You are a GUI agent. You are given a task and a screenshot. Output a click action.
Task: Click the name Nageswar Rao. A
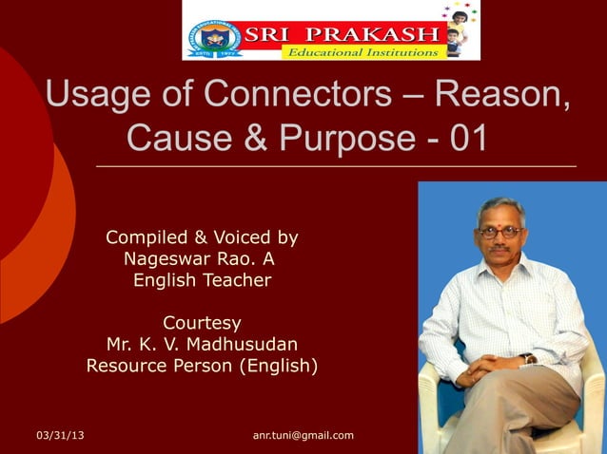click(202, 258)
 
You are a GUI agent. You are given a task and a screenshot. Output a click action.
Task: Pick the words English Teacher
click(202, 280)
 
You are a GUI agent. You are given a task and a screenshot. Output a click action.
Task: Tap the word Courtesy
click(202, 322)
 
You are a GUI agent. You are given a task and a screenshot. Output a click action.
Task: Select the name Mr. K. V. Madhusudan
click(202, 343)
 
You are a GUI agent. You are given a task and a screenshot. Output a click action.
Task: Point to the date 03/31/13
click(60, 435)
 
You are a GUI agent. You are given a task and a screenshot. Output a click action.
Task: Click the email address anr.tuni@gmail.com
click(303, 435)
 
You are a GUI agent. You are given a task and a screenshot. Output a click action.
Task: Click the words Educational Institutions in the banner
click(362, 52)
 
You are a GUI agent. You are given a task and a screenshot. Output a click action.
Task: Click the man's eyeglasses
click(499, 232)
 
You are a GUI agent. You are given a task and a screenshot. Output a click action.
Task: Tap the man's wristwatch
click(527, 358)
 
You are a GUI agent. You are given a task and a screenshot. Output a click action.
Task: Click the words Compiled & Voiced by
click(202, 237)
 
